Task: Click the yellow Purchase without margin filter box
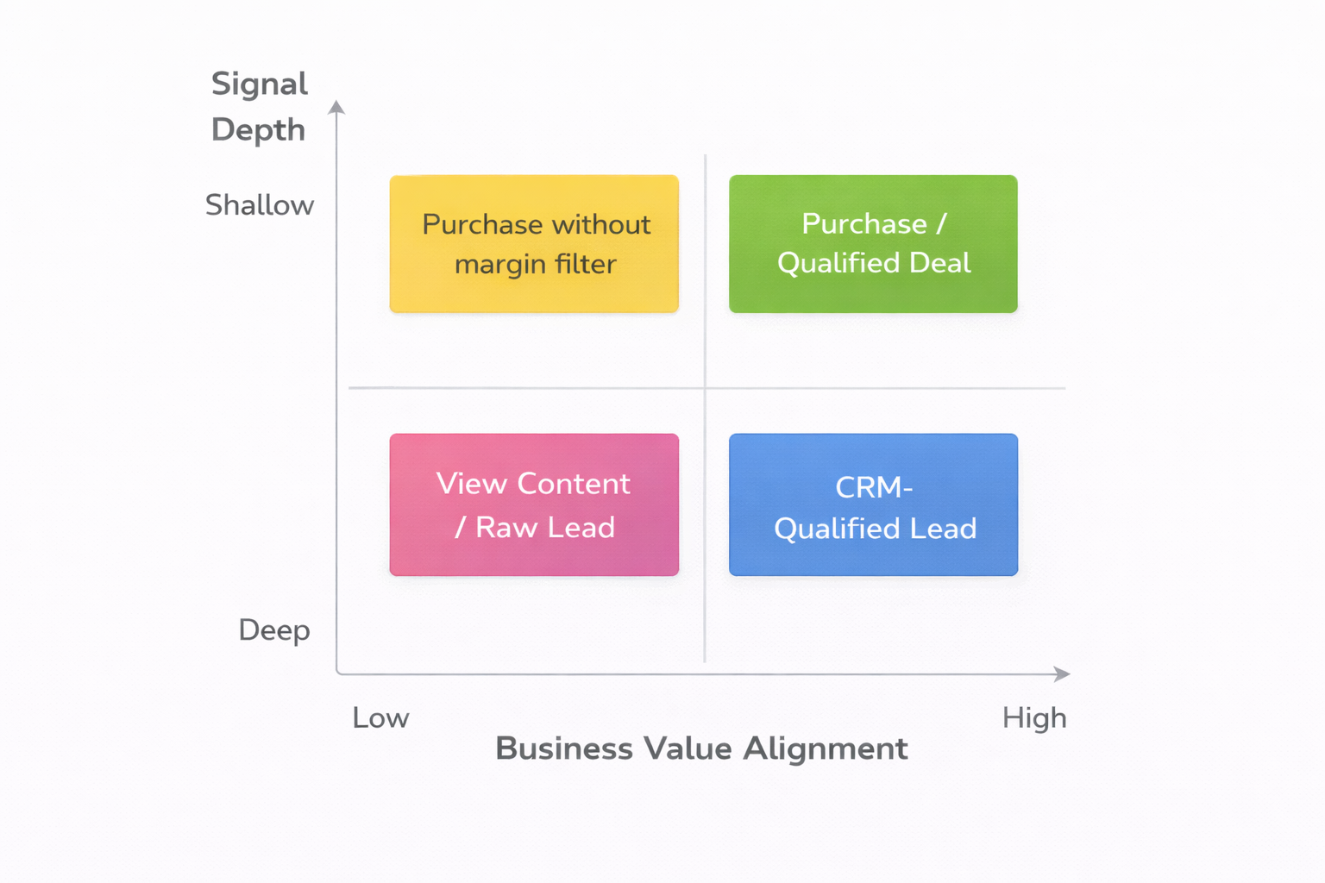pyautogui.click(x=534, y=244)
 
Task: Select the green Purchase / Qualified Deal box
pyautogui.click(x=873, y=244)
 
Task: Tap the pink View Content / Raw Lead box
pyautogui.click(x=534, y=504)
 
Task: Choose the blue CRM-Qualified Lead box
pyautogui.click(x=873, y=504)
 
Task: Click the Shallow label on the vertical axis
pyautogui.click(x=260, y=205)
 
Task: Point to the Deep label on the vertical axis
pyautogui.click(x=274, y=630)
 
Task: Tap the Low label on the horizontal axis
pyautogui.click(x=380, y=717)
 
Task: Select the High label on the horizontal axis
pyautogui.click(x=1034, y=717)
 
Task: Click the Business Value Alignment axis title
pyautogui.click(x=701, y=748)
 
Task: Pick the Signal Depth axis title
pyautogui.click(x=260, y=107)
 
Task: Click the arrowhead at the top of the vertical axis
pyautogui.click(x=336, y=107)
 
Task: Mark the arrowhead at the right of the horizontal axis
pyautogui.click(x=1063, y=674)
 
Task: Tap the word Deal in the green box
pyautogui.click(x=940, y=263)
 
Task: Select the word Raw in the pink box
pyautogui.click(x=506, y=528)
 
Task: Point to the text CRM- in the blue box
pyautogui.click(x=874, y=487)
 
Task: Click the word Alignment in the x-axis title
pyautogui.click(x=826, y=748)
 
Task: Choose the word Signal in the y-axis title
pyautogui.click(x=260, y=84)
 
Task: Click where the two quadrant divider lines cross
pyautogui.click(x=705, y=388)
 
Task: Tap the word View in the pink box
pyautogui.click(x=471, y=484)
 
